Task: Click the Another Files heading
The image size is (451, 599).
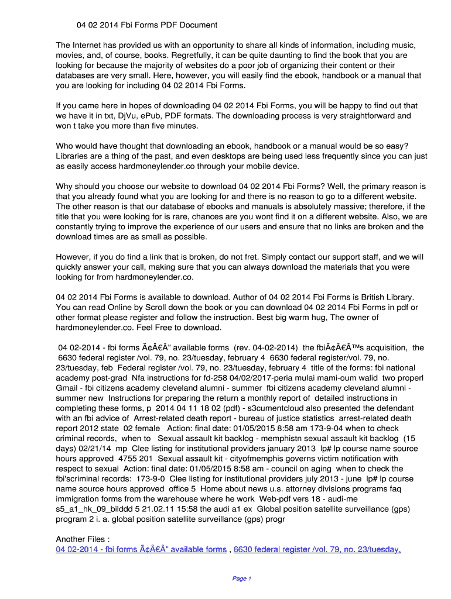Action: tap(83, 539)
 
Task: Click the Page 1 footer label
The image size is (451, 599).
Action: tap(241, 579)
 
